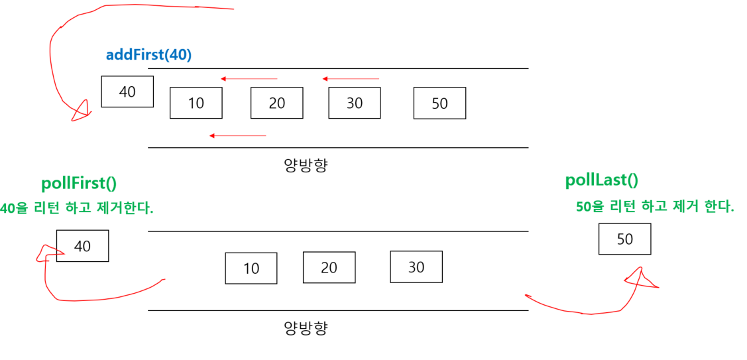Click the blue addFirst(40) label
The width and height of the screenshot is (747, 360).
pos(148,55)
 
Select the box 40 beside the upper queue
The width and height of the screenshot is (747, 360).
pos(127,91)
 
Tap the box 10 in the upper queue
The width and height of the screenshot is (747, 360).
pos(196,103)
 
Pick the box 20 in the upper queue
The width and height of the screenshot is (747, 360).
pos(276,103)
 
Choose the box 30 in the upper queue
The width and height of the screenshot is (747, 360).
pos(355,103)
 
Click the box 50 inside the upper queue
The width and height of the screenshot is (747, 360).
pos(439,103)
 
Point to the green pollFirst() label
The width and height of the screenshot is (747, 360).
pos(79,184)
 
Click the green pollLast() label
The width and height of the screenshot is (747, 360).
pos(601,180)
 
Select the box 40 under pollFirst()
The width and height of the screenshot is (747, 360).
pos(82,246)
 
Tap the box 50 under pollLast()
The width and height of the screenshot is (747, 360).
pos(624,239)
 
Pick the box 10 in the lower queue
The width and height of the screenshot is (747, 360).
pos(251,268)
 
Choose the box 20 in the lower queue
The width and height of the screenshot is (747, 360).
pos(329,267)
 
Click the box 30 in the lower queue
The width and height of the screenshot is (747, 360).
pos(416,267)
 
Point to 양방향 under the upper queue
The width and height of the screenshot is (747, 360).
pos(306,165)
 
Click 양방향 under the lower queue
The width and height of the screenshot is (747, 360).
pos(306,328)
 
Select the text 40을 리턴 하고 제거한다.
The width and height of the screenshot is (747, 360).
pos(76,208)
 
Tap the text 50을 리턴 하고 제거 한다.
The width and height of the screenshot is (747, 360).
pos(655,207)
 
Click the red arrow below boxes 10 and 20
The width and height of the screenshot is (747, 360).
pos(237,136)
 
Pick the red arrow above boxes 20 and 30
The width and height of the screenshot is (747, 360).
pos(351,79)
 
